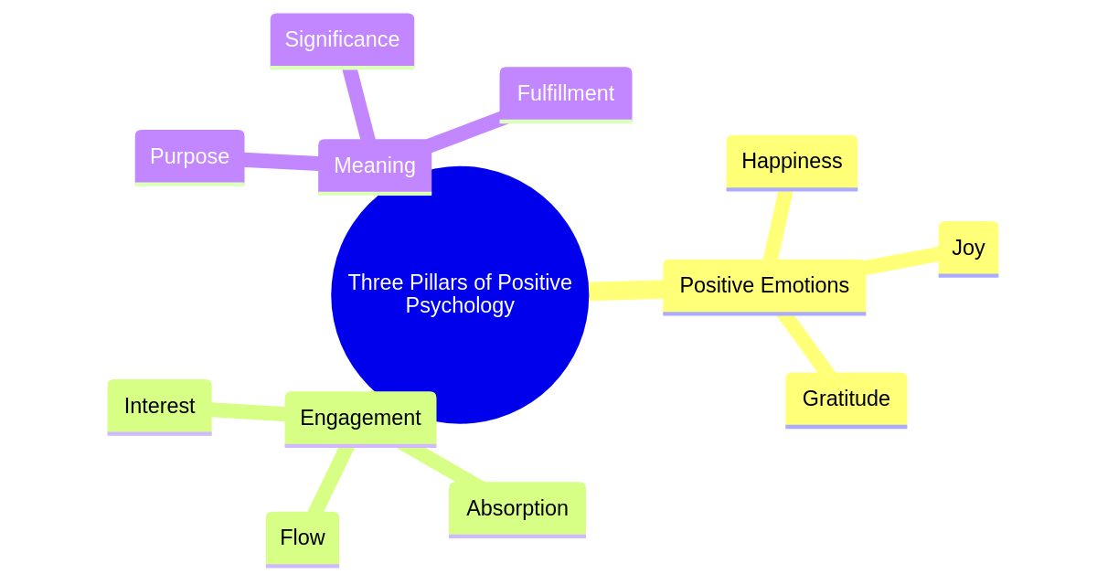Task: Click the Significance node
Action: [342, 40]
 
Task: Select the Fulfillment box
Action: [565, 93]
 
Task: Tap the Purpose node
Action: [189, 156]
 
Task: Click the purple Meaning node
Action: [374, 165]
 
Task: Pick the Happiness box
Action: [792, 162]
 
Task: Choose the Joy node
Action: [968, 248]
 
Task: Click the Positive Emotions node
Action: [764, 286]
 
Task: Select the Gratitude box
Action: [846, 399]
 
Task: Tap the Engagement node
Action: [360, 418]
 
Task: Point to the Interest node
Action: [159, 406]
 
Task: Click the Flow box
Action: [302, 537]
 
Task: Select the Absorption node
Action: [517, 508]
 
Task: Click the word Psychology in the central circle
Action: [460, 306]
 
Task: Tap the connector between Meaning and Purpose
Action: [282, 162]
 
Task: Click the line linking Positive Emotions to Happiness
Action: [778, 225]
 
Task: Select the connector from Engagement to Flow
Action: [330, 480]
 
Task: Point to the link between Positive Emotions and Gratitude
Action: [807, 345]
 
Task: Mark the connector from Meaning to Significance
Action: [357, 104]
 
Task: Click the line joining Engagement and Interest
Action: [248, 412]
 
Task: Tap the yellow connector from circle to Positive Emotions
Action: [626, 291]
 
